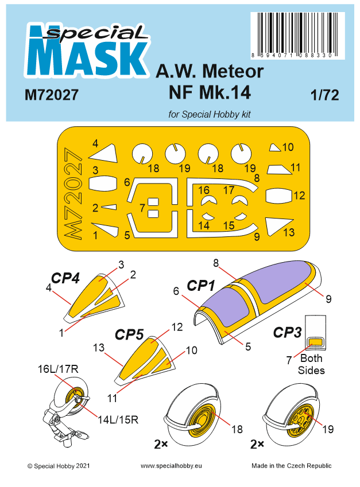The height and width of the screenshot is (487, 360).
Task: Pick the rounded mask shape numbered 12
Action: click(x=278, y=196)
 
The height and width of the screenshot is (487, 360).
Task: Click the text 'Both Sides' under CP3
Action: click(x=311, y=364)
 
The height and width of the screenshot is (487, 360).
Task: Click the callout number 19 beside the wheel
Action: click(x=328, y=428)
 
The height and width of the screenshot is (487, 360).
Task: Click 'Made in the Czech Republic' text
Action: click(x=291, y=466)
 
